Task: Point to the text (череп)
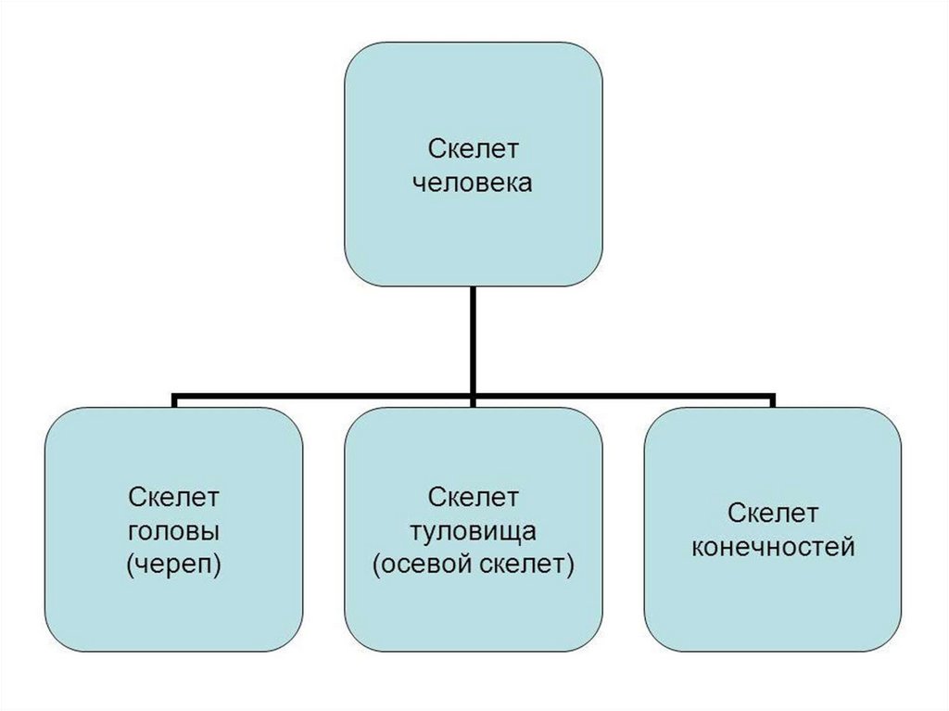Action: pos(174,565)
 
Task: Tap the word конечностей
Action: pos(773,547)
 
